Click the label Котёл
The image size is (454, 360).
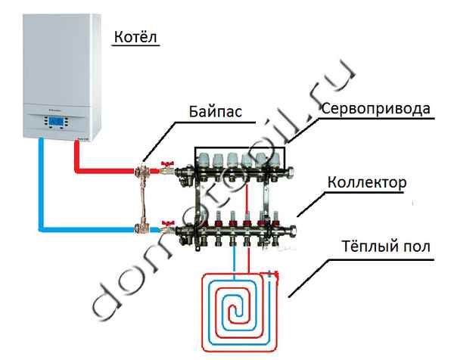(137, 37)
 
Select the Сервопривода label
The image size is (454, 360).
(375, 108)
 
